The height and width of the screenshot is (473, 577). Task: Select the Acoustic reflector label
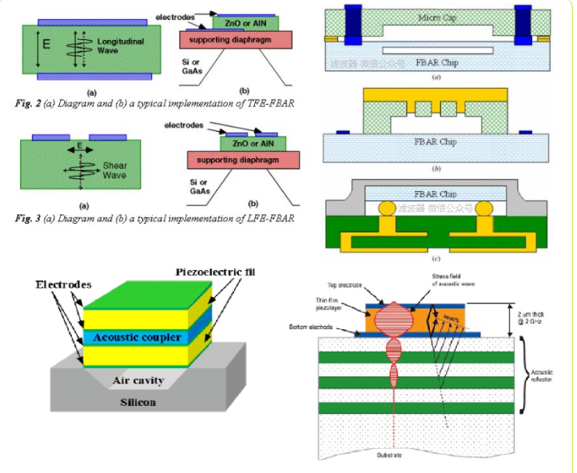point(546,375)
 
